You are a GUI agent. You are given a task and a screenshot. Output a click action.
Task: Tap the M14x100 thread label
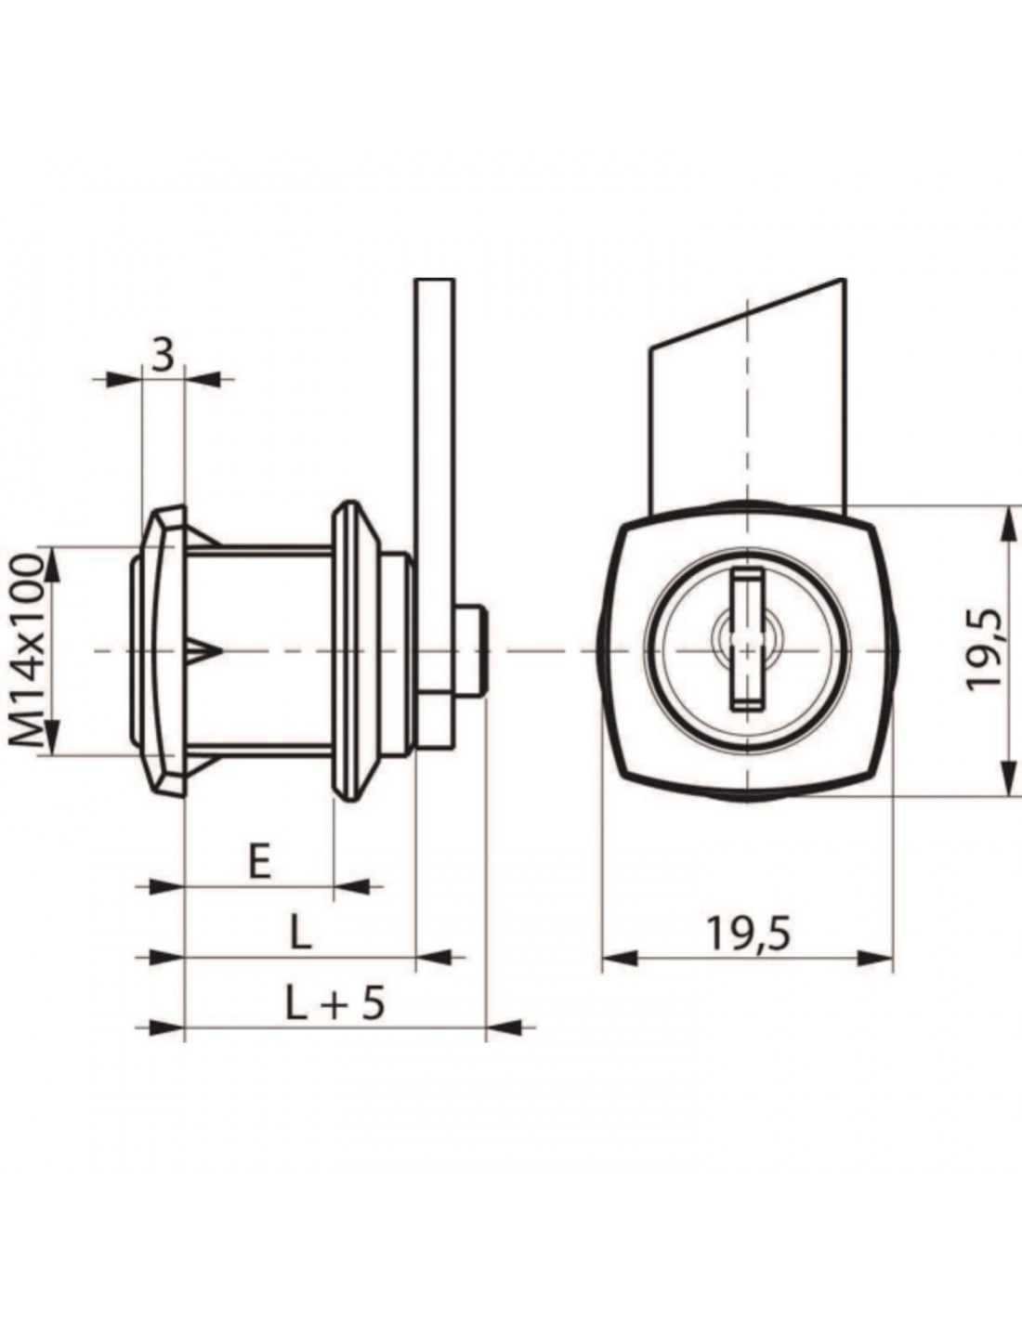[26, 651]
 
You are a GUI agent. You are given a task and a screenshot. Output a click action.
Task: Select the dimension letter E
[259, 861]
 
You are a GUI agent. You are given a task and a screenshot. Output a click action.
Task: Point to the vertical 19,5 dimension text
[985, 647]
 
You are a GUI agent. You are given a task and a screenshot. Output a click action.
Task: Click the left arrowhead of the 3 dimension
[122, 380]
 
